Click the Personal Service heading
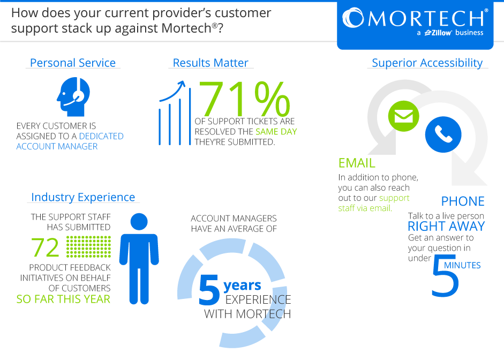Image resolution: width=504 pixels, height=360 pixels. (x=73, y=63)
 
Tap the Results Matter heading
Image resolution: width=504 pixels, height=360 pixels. (x=210, y=63)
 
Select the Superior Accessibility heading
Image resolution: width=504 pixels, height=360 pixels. (x=427, y=63)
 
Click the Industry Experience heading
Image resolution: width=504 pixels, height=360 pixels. (x=83, y=197)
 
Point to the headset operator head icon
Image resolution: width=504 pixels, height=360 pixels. (x=73, y=96)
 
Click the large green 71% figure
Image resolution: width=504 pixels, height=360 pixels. (x=245, y=99)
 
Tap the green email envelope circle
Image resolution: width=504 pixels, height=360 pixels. (x=404, y=116)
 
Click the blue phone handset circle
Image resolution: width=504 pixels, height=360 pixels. (x=443, y=134)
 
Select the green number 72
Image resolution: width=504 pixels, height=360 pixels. (x=46, y=247)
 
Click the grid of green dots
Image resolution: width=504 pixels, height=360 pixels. (x=89, y=246)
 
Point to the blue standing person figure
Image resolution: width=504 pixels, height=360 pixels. (x=139, y=258)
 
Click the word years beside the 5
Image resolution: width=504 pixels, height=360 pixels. (x=242, y=286)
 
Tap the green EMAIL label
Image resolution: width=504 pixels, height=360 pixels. (x=357, y=163)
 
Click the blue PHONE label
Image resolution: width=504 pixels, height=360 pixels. (x=463, y=201)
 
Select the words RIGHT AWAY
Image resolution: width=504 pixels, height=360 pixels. (x=446, y=226)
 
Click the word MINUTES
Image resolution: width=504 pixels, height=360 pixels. (x=462, y=265)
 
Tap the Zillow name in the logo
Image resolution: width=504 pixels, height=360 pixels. (x=438, y=33)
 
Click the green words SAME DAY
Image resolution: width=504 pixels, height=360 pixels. (x=276, y=131)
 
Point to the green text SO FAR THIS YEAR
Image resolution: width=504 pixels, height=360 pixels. (x=63, y=299)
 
